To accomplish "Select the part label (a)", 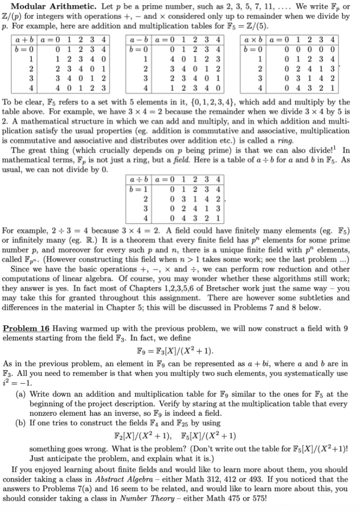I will point(23,380).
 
